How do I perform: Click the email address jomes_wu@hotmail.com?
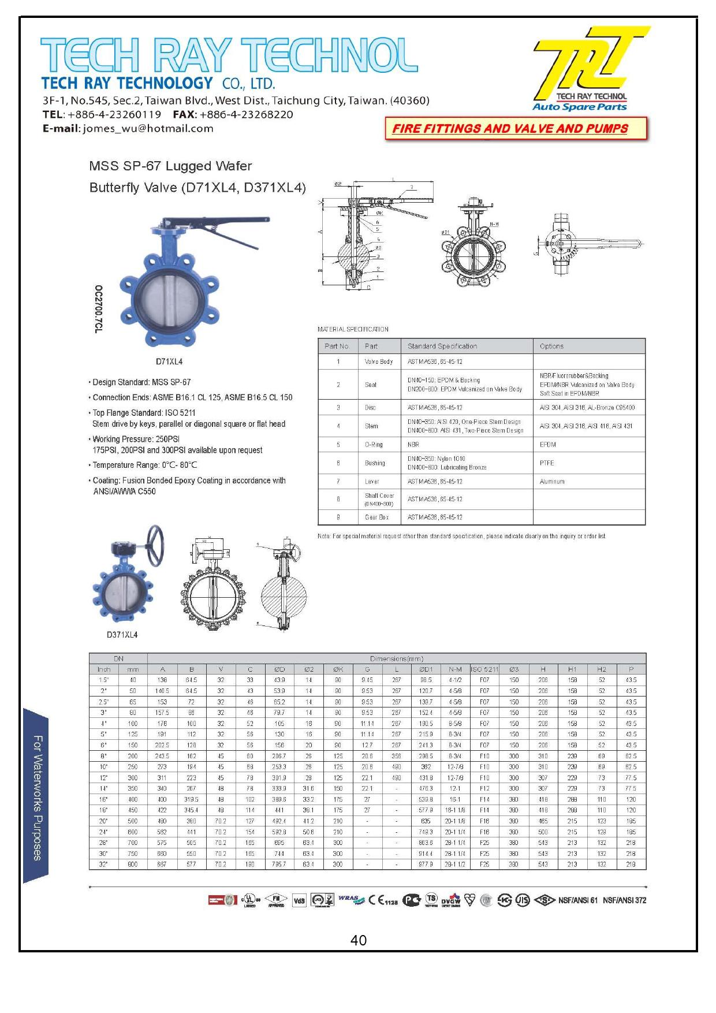pyautogui.click(x=148, y=129)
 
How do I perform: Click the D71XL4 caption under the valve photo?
pyautogui.click(x=169, y=362)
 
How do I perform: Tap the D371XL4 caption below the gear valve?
pyautogui.click(x=122, y=635)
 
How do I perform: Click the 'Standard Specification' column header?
pyautogui.click(x=442, y=347)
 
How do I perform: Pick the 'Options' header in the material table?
pyautogui.click(x=551, y=347)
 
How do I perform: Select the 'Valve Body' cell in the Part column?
pyautogui.click(x=378, y=362)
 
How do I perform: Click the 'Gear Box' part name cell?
pyautogui.click(x=376, y=517)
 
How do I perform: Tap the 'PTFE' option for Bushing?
pyautogui.click(x=547, y=463)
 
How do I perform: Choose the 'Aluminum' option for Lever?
pyautogui.click(x=552, y=482)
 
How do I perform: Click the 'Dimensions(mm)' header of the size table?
pyautogui.click(x=396, y=658)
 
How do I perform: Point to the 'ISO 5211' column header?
pyautogui.click(x=484, y=669)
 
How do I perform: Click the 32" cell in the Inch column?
pyautogui.click(x=104, y=865)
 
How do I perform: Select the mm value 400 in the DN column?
pyautogui.click(x=133, y=799)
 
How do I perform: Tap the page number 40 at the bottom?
pyautogui.click(x=358, y=941)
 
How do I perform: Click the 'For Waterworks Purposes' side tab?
pyautogui.click(x=37, y=797)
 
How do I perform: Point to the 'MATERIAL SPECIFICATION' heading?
pyautogui.click(x=353, y=329)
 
